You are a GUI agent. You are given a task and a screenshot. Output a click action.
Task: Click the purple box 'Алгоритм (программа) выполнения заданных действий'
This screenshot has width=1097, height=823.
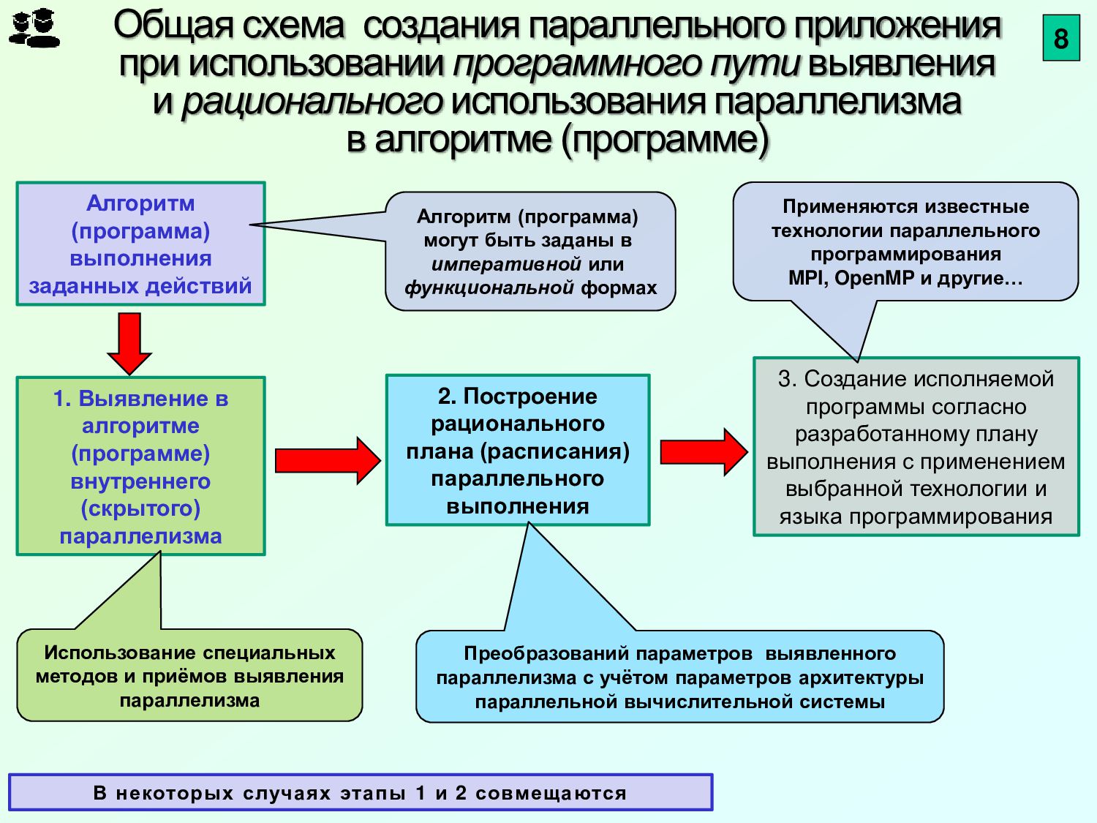(140, 244)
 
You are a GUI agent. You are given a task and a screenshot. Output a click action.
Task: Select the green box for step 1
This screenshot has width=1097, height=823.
(140, 466)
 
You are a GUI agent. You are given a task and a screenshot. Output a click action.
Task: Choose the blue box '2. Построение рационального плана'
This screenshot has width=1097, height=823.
(518, 451)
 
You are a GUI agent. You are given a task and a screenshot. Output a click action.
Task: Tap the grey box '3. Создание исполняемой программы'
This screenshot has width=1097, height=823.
(916, 447)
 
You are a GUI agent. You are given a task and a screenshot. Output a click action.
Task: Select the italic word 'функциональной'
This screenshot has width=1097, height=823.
(489, 288)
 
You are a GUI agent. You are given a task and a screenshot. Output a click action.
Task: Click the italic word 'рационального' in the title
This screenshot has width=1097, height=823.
(312, 102)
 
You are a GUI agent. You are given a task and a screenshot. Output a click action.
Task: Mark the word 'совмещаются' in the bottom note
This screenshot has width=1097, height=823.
(551, 794)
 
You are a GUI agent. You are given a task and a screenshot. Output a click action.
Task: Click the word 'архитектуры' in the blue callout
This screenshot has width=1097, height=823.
(861, 678)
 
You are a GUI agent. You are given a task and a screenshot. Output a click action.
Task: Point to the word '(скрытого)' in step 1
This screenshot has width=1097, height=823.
(140, 508)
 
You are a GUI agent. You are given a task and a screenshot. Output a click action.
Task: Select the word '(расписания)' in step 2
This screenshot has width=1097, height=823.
(555, 451)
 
